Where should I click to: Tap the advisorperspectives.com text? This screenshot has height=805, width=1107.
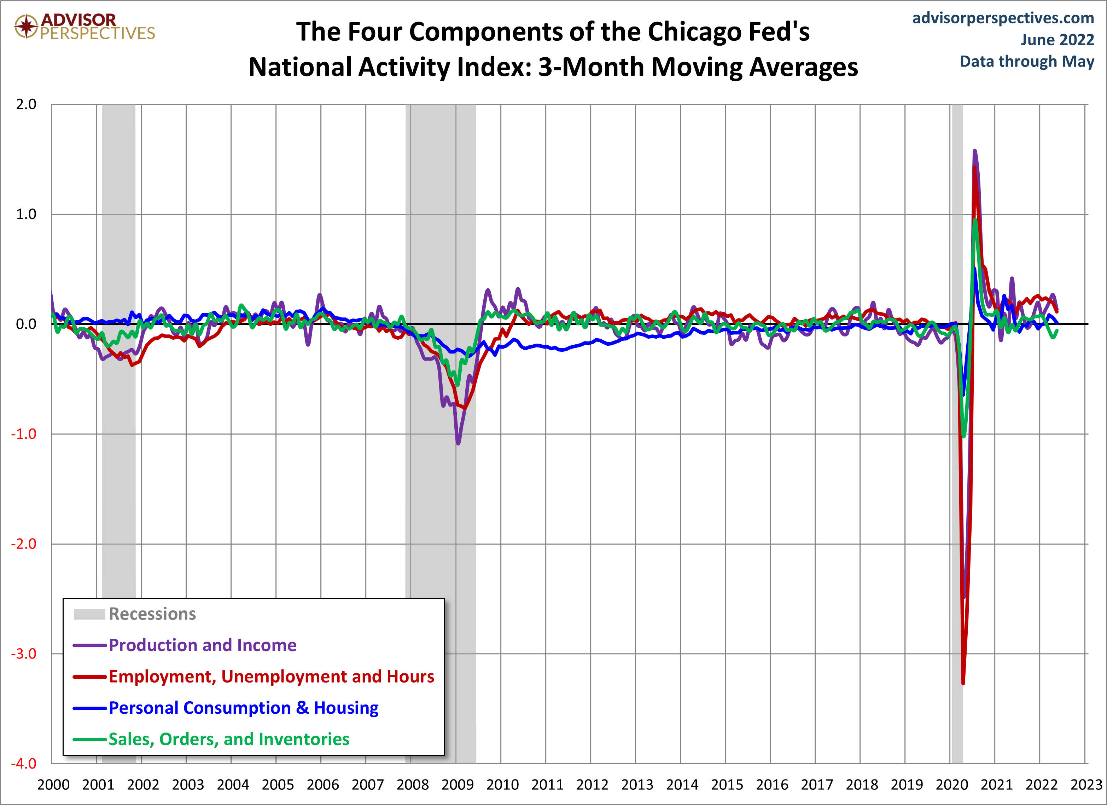(1003, 18)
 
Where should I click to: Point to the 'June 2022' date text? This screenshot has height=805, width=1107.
(1057, 40)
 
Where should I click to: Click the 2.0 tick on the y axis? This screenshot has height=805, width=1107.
(27, 104)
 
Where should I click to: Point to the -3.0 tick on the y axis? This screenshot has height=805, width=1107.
(24, 654)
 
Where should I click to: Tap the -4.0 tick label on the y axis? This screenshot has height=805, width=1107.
(24, 764)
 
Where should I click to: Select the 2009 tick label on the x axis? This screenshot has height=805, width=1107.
(458, 785)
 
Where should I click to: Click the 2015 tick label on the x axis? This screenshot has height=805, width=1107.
(727, 785)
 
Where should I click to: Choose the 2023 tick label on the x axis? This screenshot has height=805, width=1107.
(1086, 785)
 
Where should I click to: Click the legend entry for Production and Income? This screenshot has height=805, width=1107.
(202, 645)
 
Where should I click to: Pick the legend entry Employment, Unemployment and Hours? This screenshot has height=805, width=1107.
(271, 677)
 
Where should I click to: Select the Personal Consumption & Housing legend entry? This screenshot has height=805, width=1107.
(243, 708)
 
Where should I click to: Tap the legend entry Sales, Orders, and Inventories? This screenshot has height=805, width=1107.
(228, 740)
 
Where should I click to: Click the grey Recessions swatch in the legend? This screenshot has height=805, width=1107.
(90, 614)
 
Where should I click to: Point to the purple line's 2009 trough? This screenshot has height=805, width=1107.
(458, 443)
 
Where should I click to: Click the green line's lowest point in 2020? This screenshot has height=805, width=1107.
(963, 436)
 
